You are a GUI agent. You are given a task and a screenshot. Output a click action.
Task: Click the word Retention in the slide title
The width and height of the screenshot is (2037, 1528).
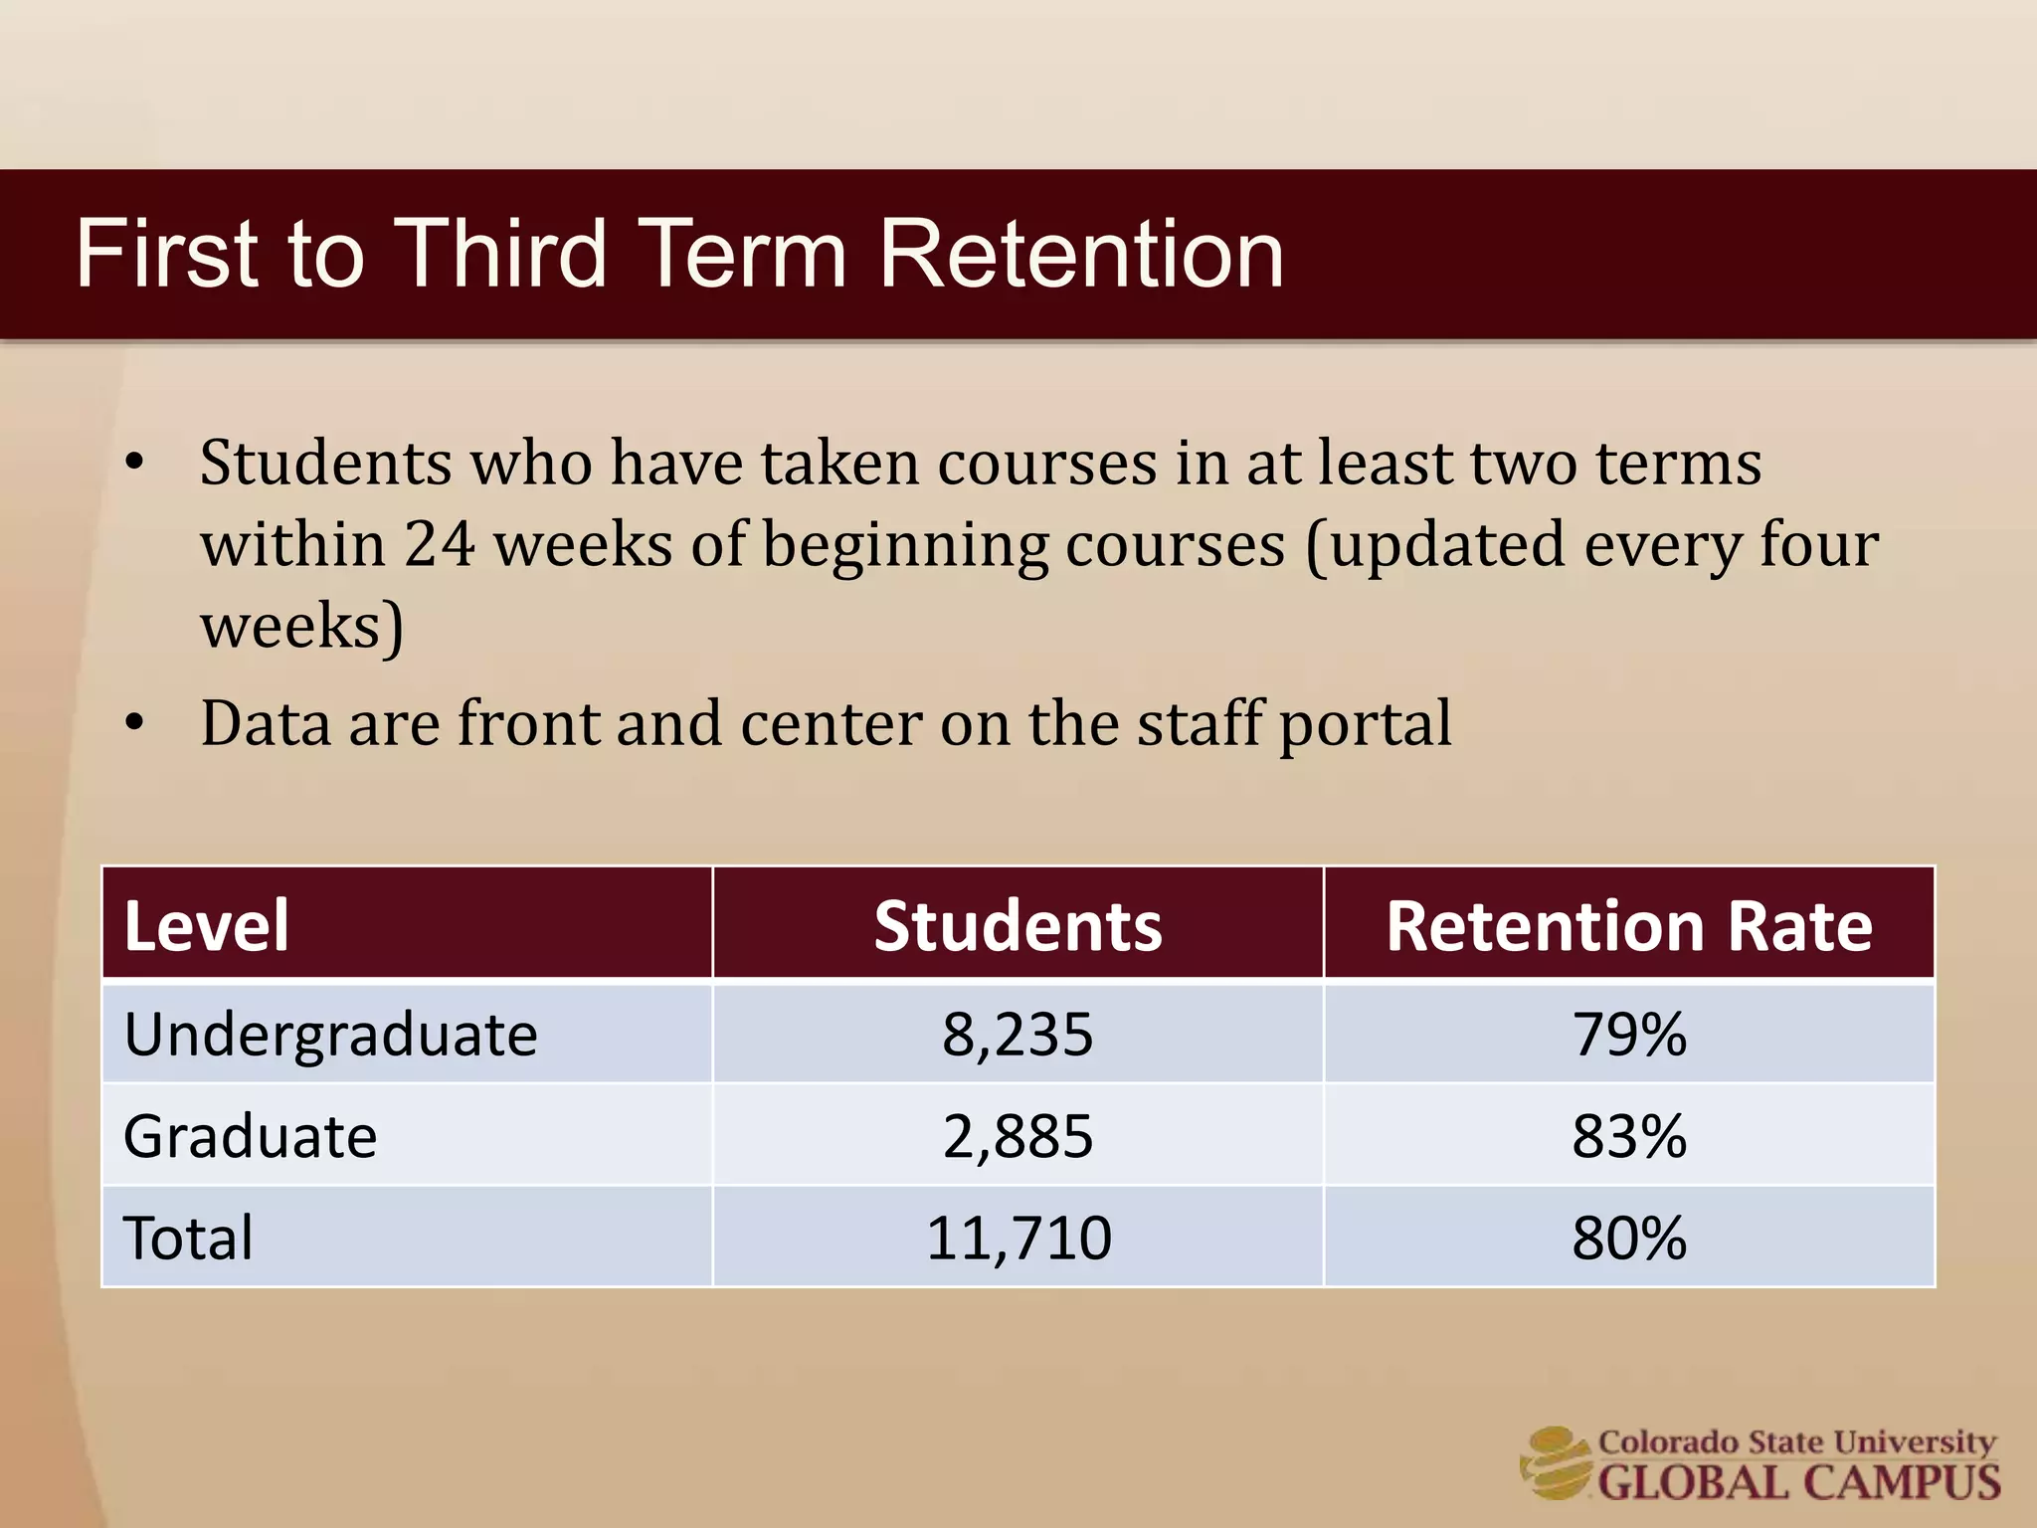click(1081, 255)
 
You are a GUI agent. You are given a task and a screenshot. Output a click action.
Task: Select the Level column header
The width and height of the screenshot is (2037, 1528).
click(207, 926)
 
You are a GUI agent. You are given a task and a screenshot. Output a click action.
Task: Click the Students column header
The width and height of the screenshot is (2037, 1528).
click(1018, 926)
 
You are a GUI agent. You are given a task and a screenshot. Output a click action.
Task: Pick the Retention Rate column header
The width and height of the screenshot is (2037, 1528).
click(1628, 926)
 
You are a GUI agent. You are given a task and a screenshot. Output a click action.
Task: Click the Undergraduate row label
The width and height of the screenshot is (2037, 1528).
click(330, 1035)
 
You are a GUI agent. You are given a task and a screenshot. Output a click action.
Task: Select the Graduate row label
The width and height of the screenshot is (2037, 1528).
click(251, 1136)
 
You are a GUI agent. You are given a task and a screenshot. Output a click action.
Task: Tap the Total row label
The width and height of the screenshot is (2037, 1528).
click(189, 1239)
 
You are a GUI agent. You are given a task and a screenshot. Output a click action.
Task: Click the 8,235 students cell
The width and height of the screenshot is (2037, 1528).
click(1018, 1035)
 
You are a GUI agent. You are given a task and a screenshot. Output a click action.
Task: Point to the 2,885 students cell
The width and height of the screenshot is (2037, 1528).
click(1018, 1136)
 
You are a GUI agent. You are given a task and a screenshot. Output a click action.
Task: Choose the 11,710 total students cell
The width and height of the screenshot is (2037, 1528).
click(1018, 1239)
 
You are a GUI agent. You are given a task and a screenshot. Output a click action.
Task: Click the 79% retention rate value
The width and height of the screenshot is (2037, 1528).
click(1628, 1035)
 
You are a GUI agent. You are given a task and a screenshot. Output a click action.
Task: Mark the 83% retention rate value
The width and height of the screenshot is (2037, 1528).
click(1628, 1136)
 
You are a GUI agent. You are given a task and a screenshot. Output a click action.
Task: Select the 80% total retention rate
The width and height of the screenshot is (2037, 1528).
click(1628, 1239)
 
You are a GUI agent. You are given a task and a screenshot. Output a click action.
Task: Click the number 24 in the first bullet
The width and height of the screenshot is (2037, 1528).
click(439, 545)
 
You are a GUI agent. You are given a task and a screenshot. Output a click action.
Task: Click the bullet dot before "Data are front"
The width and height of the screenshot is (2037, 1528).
click(135, 724)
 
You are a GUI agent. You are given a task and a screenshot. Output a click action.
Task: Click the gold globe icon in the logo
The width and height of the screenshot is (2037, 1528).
click(1556, 1462)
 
